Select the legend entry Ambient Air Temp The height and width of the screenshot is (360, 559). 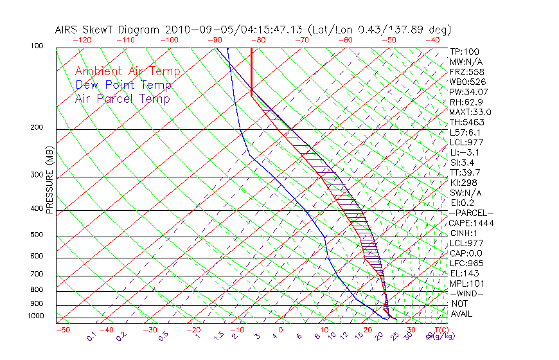[x=127, y=71]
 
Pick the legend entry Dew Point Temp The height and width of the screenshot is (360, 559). [x=123, y=85]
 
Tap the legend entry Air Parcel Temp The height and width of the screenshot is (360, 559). [x=122, y=98]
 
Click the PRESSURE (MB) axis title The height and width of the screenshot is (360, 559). [x=49, y=179]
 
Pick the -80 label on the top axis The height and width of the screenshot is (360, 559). [x=257, y=39]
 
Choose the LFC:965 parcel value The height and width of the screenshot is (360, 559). [x=466, y=264]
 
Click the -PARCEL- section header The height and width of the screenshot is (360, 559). [x=471, y=213]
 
